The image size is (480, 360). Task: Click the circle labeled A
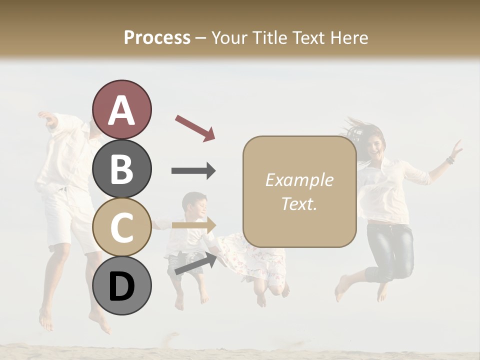122,109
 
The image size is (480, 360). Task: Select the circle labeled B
122,168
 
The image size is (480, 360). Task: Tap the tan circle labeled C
122,227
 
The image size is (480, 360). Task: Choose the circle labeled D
122,285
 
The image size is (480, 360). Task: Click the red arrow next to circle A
195,127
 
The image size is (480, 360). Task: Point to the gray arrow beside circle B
193,171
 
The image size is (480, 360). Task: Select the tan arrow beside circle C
194,225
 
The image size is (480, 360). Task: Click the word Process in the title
157,37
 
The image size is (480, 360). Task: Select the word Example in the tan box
299,180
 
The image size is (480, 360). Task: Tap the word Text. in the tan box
299,203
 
